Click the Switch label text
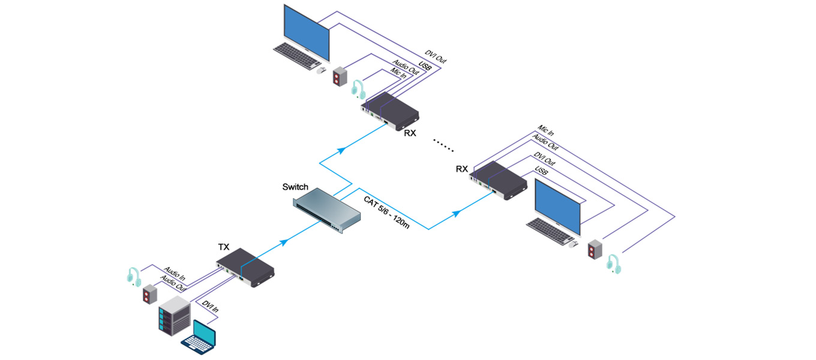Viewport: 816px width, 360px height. [x=295, y=187]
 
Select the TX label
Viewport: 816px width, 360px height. [x=223, y=247]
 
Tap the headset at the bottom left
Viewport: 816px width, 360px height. [x=134, y=276]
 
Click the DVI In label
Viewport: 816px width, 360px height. [x=210, y=309]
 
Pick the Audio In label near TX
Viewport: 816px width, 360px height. [x=175, y=275]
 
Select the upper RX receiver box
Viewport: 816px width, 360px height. [x=390, y=112]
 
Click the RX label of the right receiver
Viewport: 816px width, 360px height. [x=461, y=169]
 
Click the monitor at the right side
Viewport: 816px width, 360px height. [x=557, y=208]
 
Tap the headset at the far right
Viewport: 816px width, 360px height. [x=613, y=263]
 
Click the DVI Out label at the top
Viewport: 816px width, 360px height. [x=436, y=57]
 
